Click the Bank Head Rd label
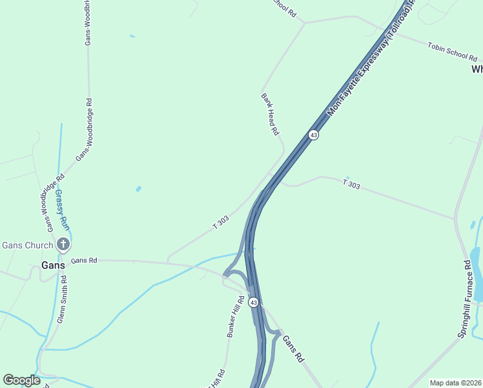click(x=270, y=114)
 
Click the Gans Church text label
click(x=27, y=244)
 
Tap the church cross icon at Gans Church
click(x=63, y=244)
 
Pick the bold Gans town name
click(x=53, y=265)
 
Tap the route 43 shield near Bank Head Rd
click(x=313, y=135)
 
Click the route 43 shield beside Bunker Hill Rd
click(x=254, y=302)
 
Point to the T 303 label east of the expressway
click(x=351, y=185)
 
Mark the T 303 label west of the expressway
click(x=221, y=222)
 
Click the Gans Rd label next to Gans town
click(x=84, y=260)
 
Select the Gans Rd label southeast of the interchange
click(x=293, y=349)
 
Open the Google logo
click(x=21, y=380)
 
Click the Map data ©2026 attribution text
click(x=455, y=383)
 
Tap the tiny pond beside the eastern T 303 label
click(x=347, y=178)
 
